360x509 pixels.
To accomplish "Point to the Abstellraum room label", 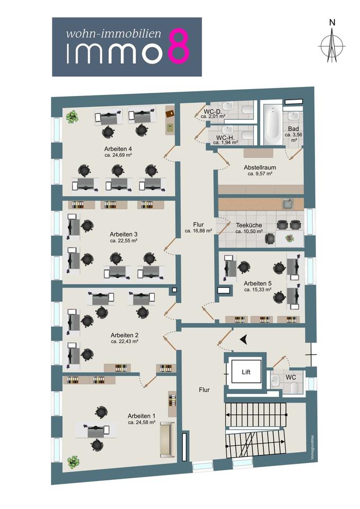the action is coord(260,167).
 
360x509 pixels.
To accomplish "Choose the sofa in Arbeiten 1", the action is coord(167,439).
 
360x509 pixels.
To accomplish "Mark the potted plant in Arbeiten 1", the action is coord(73,461).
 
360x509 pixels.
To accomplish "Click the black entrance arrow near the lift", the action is coord(243,339).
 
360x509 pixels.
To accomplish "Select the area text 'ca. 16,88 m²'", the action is coord(198,231).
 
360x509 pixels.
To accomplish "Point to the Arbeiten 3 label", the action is coord(124,234).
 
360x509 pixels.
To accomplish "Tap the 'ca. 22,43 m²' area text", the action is coord(125,342).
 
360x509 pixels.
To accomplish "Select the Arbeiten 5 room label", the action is coord(258,283).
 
